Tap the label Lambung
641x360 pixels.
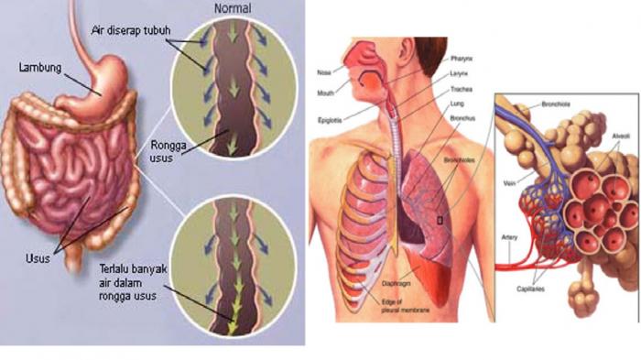(40, 67)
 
